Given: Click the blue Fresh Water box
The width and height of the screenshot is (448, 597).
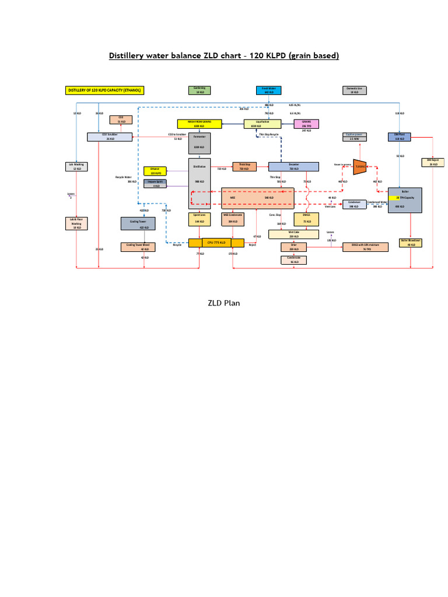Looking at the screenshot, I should (269, 90).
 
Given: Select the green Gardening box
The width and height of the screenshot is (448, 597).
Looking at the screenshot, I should (200, 90).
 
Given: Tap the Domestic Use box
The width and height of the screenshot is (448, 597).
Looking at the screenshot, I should (355, 90).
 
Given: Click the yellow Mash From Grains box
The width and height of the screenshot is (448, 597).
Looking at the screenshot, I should (199, 124).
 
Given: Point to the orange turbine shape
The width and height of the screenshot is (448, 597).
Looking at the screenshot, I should (359, 166).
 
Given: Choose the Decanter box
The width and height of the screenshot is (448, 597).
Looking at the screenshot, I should (293, 166).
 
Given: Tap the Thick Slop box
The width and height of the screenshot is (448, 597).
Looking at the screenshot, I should (244, 166).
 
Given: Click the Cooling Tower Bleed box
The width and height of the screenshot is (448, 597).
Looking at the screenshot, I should (138, 247).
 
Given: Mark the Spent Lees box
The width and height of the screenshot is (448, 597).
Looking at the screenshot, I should (199, 219).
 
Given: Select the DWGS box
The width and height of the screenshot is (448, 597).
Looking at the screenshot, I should (307, 219).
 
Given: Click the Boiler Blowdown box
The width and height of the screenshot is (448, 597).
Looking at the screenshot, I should (411, 243).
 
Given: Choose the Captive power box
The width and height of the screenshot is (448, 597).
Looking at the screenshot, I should (355, 137).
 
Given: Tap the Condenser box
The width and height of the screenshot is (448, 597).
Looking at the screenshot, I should (354, 204).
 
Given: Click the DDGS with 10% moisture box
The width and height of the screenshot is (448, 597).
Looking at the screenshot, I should (367, 247).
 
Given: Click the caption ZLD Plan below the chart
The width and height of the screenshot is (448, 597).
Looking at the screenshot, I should (224, 303).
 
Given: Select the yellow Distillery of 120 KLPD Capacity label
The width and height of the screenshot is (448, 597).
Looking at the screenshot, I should (104, 90).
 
